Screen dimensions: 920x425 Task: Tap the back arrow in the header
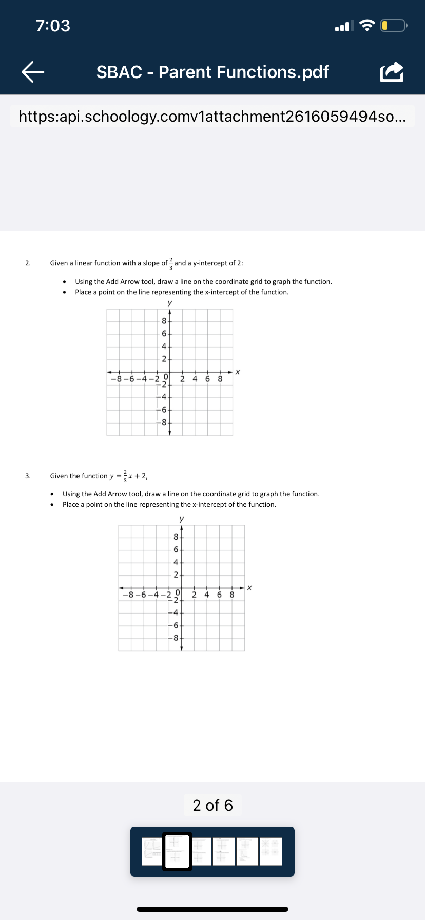coord(33,72)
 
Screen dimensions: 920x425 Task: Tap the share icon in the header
coord(391,72)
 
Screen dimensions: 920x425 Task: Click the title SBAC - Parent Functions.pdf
coord(212,72)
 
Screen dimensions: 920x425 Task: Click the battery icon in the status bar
coord(393,26)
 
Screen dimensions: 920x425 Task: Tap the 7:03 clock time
coord(53,26)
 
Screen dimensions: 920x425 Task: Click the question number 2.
coord(28,263)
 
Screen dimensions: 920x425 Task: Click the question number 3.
coord(28,476)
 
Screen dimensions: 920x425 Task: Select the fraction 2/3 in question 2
coord(171,263)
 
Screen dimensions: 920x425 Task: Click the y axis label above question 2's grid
coord(170,303)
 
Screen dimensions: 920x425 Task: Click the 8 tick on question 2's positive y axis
coord(164,321)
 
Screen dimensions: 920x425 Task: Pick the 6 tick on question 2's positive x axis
coord(207,379)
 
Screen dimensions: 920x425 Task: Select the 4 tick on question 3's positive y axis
coord(176,562)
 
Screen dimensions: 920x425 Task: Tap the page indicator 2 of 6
coord(212,805)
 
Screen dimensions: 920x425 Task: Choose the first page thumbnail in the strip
coord(152,852)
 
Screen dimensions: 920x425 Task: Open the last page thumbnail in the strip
coord(271,852)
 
